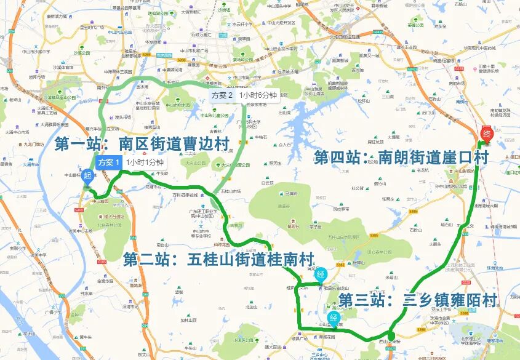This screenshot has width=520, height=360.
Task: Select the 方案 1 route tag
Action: tap(108, 162)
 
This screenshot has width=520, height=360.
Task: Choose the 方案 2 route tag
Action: tap(222, 95)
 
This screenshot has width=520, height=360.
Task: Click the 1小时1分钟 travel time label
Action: tap(144, 162)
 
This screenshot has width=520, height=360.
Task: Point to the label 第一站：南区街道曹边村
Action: tap(142, 144)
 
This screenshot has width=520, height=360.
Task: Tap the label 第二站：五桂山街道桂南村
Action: tap(218, 259)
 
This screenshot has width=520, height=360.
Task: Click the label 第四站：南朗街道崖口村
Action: tap(401, 158)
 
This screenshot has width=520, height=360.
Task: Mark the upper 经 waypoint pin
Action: tap(321, 276)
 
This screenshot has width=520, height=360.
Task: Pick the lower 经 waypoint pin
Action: tap(334, 319)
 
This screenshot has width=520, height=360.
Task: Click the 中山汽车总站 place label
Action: tap(121, 32)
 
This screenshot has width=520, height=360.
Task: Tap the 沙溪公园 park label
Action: tap(79, 54)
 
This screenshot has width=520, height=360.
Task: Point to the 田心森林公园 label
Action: tap(386, 252)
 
